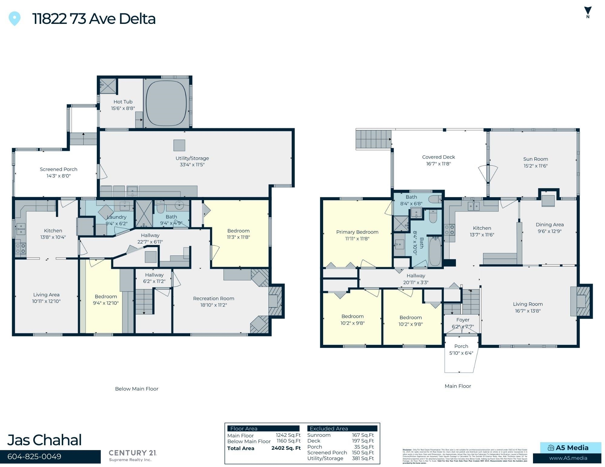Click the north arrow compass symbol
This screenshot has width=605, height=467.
(x=588, y=12)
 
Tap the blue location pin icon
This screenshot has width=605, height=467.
(x=15, y=18)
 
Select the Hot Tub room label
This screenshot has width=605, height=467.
(x=123, y=102)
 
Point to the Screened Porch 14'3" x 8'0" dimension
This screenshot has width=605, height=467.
(x=58, y=176)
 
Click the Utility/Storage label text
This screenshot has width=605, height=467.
(x=192, y=158)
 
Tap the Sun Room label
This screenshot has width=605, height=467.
(x=535, y=159)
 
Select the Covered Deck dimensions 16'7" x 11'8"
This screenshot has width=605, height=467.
(x=438, y=164)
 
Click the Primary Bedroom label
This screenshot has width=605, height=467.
(x=357, y=232)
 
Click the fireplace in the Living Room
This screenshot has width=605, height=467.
(x=580, y=301)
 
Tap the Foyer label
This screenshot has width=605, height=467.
(x=463, y=320)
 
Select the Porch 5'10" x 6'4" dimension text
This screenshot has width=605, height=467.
(x=461, y=353)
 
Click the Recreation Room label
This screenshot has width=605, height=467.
(x=214, y=299)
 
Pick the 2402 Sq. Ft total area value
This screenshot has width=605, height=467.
(x=286, y=448)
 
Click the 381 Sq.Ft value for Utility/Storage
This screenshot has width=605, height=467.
(x=363, y=458)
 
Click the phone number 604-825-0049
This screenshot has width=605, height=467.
(x=34, y=456)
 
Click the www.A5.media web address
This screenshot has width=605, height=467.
(x=568, y=458)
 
